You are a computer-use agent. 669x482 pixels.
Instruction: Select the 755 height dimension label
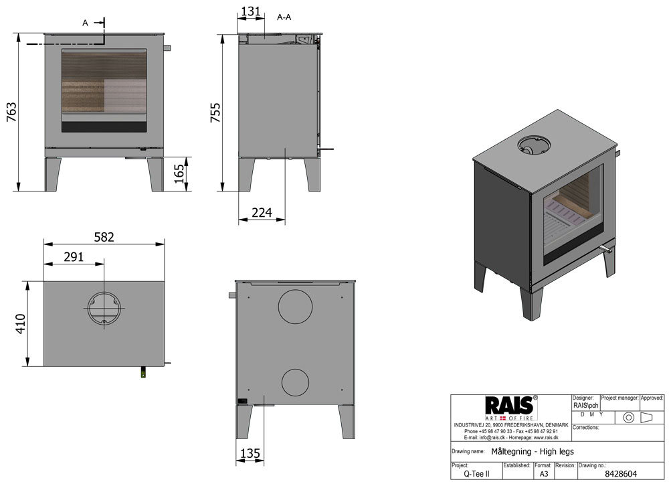[x=215, y=114]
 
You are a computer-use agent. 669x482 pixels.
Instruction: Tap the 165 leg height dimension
[x=179, y=174]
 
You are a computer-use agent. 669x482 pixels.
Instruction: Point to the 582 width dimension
[x=104, y=237]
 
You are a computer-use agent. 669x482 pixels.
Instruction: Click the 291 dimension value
[x=74, y=256]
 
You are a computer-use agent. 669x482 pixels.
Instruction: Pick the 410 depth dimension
[x=20, y=324]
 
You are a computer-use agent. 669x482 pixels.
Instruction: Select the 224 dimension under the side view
[x=262, y=212]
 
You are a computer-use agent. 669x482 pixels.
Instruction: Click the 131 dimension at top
[x=250, y=11]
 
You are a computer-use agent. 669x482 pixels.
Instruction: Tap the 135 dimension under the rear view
[x=249, y=453]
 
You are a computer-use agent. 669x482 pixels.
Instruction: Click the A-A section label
[x=284, y=17]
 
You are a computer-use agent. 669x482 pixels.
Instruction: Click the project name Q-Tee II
[x=476, y=473]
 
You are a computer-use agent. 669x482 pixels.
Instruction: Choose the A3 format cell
[x=543, y=473]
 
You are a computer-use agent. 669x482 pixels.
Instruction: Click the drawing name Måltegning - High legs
[x=533, y=451]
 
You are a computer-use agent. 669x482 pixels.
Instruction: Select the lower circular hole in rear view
[x=295, y=382]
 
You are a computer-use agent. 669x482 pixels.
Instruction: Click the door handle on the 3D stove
[x=607, y=249]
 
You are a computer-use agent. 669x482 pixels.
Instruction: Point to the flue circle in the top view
[x=104, y=309]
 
